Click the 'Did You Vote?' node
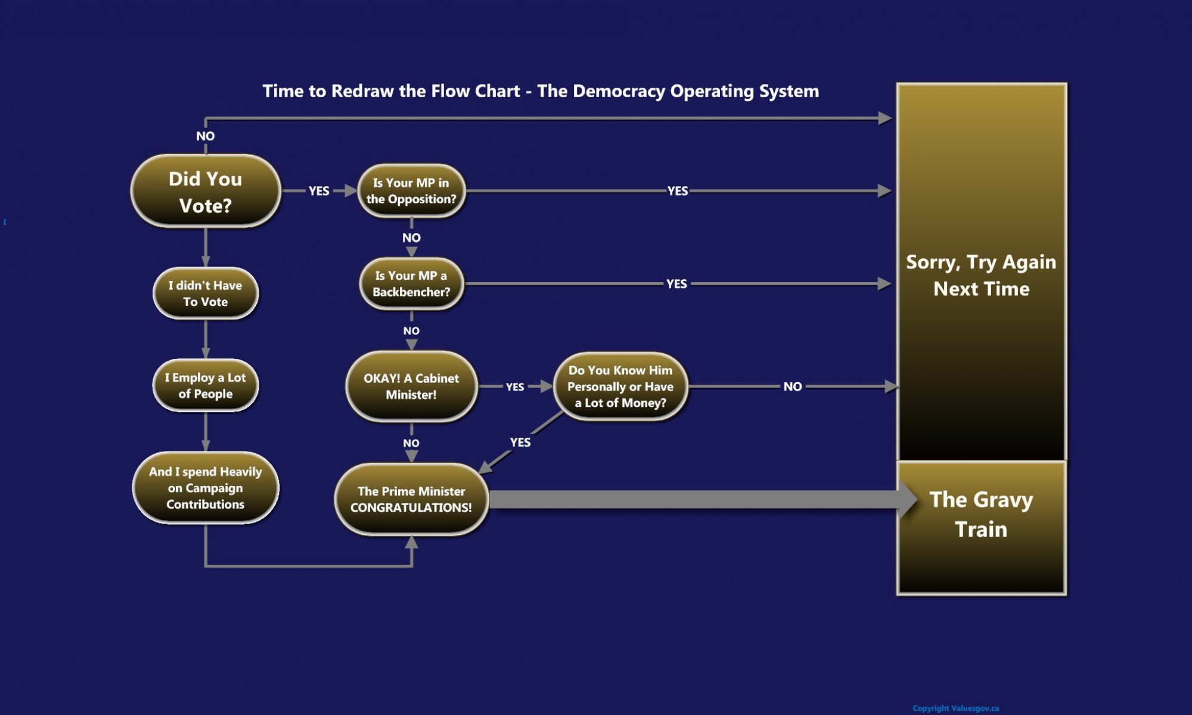click(x=206, y=191)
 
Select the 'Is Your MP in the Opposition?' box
click(x=411, y=191)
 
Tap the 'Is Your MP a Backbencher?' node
click(x=411, y=284)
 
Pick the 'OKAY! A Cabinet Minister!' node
click(x=411, y=386)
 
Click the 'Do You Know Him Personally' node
click(x=620, y=386)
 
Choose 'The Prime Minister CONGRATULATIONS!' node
click(x=411, y=499)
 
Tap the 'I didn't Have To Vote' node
click(x=206, y=293)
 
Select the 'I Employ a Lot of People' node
click(x=206, y=385)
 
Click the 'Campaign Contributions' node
click(x=206, y=488)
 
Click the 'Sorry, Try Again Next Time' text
click(x=981, y=275)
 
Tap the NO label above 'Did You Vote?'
click(x=206, y=136)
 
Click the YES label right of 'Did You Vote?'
click(x=319, y=191)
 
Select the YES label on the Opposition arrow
click(x=678, y=191)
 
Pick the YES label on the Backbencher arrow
click(x=676, y=284)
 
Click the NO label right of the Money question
click(x=792, y=386)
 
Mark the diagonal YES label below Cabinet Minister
click(x=520, y=442)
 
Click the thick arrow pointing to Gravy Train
click(x=697, y=499)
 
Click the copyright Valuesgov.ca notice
click(x=955, y=708)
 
